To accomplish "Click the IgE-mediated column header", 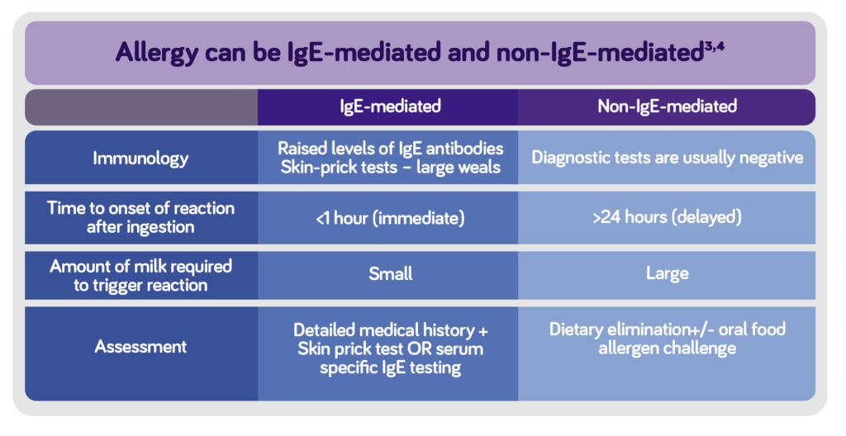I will click(x=390, y=107).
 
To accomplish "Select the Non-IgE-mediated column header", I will click(x=667, y=107).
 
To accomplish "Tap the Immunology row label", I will click(x=140, y=158).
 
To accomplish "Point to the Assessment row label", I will click(x=140, y=347).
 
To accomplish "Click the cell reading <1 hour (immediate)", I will click(x=390, y=219).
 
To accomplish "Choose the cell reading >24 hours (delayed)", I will click(x=667, y=219).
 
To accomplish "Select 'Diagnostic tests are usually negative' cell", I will click(x=667, y=157).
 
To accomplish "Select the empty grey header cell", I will click(x=140, y=107).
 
